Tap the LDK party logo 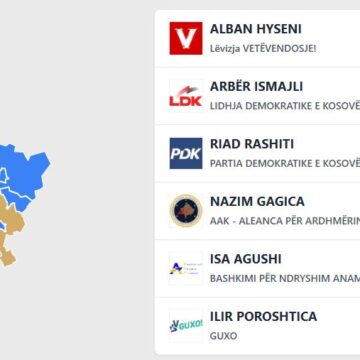click(x=186, y=95)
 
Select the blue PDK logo click(x=186, y=152)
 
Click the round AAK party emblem click(x=186, y=210)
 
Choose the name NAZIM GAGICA click(x=257, y=201)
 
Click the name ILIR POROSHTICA click(x=264, y=317)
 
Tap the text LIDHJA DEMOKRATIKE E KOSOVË click(x=284, y=105)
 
